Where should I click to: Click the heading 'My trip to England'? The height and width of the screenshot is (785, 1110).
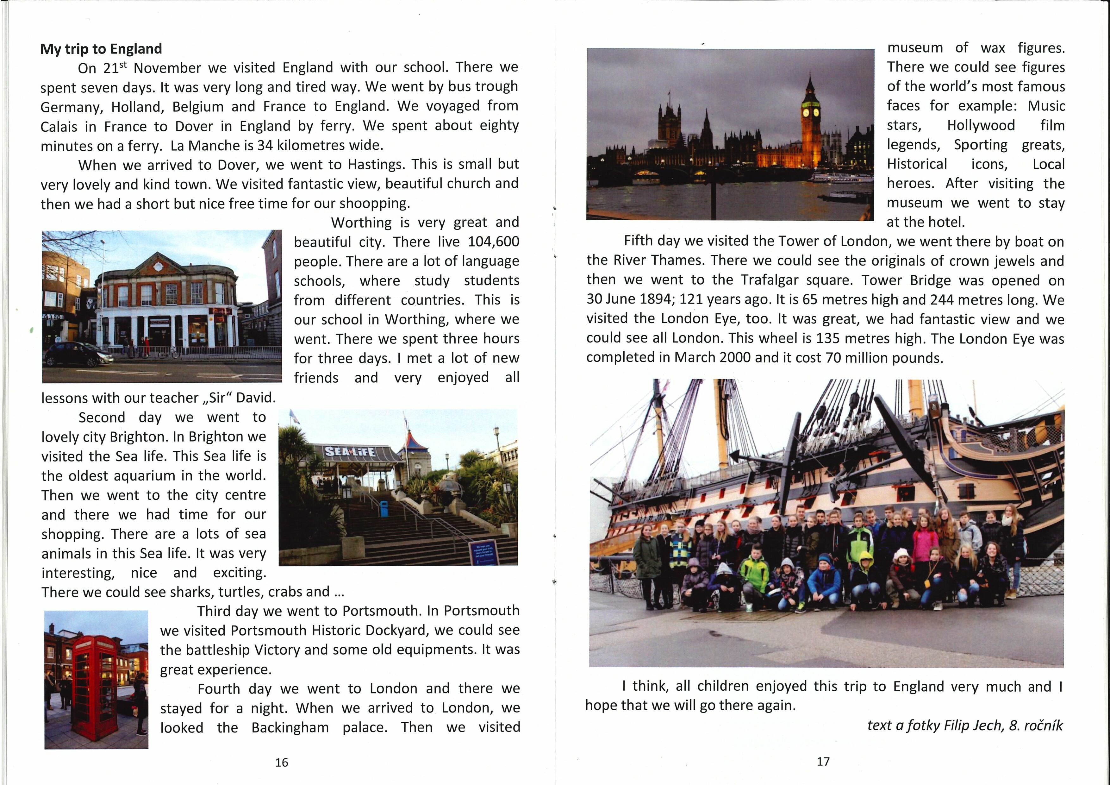(101, 49)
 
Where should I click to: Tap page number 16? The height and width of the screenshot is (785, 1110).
(281, 762)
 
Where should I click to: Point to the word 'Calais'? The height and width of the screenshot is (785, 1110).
(59, 127)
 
